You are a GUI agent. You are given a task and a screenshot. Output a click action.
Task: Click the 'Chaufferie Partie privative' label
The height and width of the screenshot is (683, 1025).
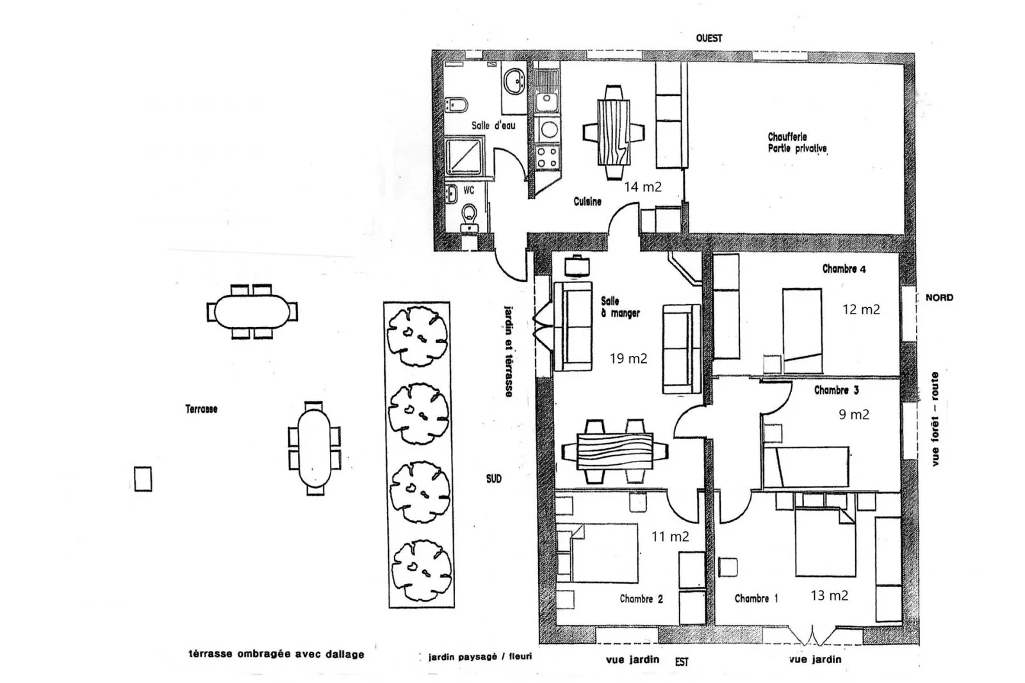click(797, 143)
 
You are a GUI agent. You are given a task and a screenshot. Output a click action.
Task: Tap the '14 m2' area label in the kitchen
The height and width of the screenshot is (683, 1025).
click(643, 187)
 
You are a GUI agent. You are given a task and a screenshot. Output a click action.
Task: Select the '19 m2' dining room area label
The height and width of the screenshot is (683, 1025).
click(628, 358)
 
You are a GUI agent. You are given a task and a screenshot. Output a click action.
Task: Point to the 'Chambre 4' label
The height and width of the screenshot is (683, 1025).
click(844, 269)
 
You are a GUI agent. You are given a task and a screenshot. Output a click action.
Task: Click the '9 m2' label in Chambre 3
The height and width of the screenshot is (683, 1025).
click(854, 415)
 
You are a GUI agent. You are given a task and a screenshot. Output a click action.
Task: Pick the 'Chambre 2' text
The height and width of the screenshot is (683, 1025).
click(641, 599)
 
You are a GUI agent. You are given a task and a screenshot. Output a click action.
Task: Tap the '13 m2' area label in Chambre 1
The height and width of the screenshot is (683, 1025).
click(829, 595)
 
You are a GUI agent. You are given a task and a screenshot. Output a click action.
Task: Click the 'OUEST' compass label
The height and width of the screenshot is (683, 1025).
click(709, 38)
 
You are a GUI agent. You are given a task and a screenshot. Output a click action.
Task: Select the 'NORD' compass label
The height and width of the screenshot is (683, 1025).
click(939, 298)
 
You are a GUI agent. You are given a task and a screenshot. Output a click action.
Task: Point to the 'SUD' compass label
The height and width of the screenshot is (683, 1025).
click(493, 478)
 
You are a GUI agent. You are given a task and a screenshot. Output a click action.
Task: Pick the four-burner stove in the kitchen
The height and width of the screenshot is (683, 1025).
click(547, 157)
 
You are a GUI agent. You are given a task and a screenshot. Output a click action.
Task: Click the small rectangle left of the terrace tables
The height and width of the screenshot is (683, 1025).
click(143, 478)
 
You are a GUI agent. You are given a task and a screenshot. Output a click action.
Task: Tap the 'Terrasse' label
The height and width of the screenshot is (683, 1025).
click(201, 409)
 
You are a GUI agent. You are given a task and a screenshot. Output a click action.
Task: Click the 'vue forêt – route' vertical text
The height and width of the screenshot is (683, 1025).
click(935, 419)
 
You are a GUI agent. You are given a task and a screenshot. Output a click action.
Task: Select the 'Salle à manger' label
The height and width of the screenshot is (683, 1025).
click(619, 307)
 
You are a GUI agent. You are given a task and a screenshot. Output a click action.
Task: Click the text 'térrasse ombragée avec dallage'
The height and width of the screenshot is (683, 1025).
click(276, 654)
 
